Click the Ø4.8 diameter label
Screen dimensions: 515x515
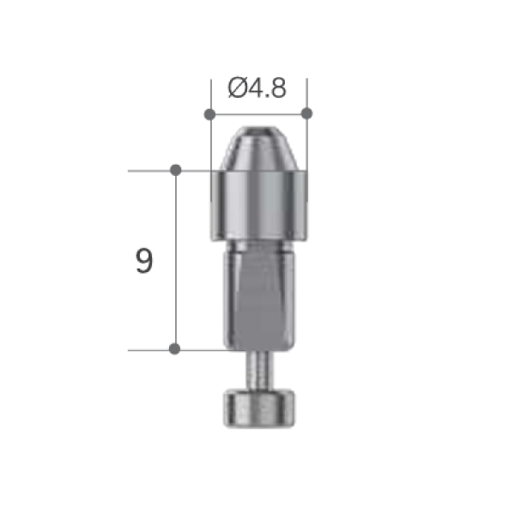tap(257, 88)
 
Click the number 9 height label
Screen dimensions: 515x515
tap(144, 261)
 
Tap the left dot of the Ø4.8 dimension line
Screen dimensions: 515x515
tap(210, 114)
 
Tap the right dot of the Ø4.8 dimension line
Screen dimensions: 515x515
tap(306, 113)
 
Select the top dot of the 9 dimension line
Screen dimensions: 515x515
tap(176, 170)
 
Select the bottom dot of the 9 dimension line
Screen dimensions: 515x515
tap(174, 348)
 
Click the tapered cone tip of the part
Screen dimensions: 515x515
tap(259, 148)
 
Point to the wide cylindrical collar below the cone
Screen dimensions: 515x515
tap(259, 206)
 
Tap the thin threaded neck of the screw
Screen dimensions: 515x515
tap(259, 370)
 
